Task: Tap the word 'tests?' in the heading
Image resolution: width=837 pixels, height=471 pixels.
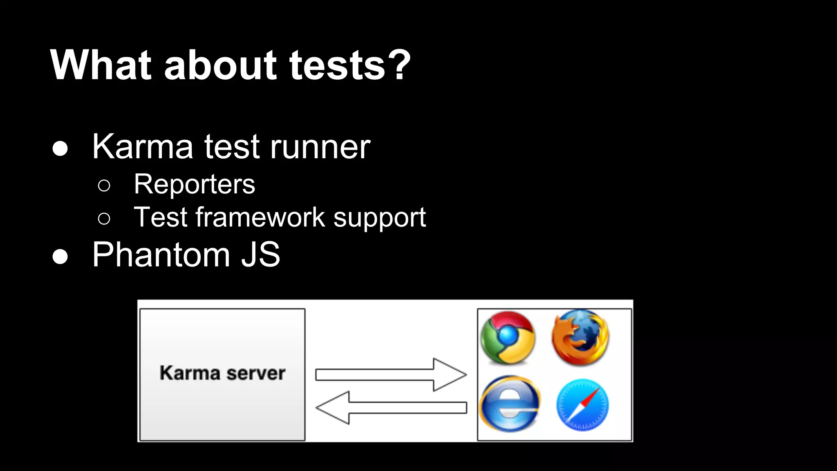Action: (349, 65)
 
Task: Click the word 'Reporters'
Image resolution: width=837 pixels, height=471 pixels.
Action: (195, 184)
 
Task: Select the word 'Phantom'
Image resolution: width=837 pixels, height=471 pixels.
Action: (161, 255)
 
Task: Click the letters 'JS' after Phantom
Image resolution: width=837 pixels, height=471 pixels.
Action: (260, 255)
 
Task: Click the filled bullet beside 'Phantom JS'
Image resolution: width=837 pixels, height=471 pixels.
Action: (60, 257)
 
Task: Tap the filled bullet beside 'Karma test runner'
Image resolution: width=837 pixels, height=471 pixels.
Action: (60, 149)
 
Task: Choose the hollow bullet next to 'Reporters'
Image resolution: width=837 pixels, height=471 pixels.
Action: (104, 186)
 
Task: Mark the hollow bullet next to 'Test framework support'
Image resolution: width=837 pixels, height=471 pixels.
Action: (104, 219)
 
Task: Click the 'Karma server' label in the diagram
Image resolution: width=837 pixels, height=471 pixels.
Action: (222, 373)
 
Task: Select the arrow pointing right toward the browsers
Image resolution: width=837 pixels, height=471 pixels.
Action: (391, 375)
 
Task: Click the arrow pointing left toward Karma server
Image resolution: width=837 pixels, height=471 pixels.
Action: (391, 408)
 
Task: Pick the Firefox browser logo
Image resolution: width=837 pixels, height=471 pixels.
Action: (580, 337)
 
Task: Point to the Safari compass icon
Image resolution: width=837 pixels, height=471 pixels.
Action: (582, 405)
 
